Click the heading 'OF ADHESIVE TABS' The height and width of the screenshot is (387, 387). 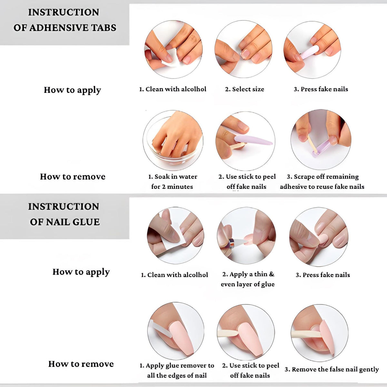[65, 28]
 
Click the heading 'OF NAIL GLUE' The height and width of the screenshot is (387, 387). [65, 222]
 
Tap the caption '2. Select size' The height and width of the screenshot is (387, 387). [244, 89]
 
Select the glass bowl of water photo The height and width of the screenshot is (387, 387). [173, 140]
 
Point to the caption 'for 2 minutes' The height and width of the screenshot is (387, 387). [172, 187]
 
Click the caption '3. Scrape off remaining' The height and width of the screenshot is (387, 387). [323, 177]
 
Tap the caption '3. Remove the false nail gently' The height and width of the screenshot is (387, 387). [332, 369]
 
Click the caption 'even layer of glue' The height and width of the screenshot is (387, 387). [248, 284]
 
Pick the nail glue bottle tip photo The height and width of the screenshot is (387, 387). [246, 236]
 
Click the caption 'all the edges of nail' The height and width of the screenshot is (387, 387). [177, 375]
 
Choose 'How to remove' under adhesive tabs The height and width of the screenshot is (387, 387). [73, 177]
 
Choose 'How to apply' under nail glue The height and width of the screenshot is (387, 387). [81, 272]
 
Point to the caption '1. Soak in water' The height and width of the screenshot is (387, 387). [173, 177]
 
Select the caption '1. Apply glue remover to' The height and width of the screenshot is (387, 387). [177, 365]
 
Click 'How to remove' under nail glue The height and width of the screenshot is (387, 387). [81, 364]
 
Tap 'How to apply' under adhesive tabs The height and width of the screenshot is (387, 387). [73, 90]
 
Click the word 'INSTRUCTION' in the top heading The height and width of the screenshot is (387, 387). [64, 12]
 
